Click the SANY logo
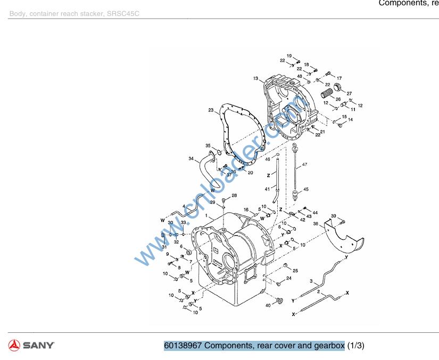pos(31,345)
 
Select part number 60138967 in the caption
pos(183,346)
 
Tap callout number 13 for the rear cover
pos(256,78)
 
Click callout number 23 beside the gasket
pos(211,110)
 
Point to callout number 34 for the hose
pos(191,159)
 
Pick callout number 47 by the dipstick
pos(304,165)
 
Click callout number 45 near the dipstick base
pos(305,189)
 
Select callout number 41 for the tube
pos(267,189)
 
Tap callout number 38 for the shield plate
pos(316,224)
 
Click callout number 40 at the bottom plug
pos(268,305)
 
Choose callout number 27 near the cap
pos(349,93)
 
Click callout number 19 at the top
pos(289,55)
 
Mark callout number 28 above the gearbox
pos(234,196)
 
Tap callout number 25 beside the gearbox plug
pos(295,271)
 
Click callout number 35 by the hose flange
pos(208,145)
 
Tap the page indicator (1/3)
pos(355,346)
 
